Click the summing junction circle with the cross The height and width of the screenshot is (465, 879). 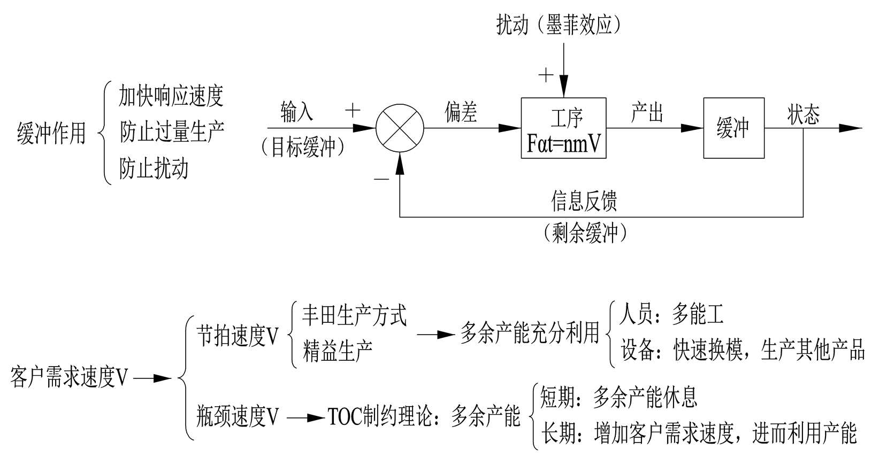pyautogui.click(x=400, y=128)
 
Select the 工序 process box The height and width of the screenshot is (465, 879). pyautogui.click(x=563, y=128)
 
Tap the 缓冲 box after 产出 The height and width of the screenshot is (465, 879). pyautogui.click(x=733, y=128)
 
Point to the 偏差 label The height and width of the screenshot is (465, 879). pyautogui.click(x=461, y=113)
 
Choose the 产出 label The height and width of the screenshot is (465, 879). pyautogui.click(x=647, y=113)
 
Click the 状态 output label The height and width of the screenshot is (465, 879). pyautogui.click(x=803, y=114)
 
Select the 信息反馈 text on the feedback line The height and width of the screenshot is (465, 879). pyautogui.click(x=584, y=201)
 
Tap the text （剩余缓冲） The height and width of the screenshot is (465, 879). pyautogui.click(x=584, y=232)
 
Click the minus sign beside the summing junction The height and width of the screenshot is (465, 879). pyautogui.click(x=381, y=179)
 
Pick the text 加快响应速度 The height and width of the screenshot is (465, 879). pyautogui.click(x=171, y=96)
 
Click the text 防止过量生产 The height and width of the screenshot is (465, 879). pyautogui.click(x=171, y=132)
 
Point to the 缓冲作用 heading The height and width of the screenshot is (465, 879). pyautogui.click(x=51, y=133)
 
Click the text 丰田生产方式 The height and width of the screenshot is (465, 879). pyautogui.click(x=354, y=315)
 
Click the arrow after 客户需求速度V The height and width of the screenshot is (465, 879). pyautogui.click(x=152, y=378)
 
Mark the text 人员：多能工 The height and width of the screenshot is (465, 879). pyautogui.click(x=671, y=315)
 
